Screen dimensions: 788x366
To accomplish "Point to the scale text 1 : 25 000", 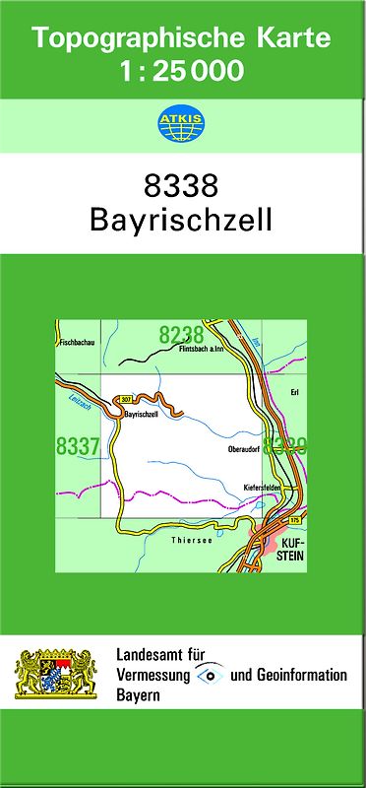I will point(182,72).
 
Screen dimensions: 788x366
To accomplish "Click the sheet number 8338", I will point(182,185).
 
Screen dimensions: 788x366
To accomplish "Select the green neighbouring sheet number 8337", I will point(79,446).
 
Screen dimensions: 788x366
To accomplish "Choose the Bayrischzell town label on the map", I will point(143,416).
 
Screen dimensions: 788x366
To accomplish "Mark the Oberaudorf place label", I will point(242,449).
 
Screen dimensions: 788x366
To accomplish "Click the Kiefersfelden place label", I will point(264,487).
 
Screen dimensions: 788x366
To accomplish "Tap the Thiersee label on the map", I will point(187,541).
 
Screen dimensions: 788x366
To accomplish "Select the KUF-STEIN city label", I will point(292,549).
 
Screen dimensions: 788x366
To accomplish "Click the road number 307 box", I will point(124,398).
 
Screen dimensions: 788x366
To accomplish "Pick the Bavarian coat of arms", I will point(57,674).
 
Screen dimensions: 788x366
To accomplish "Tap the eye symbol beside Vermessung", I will point(209,675).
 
